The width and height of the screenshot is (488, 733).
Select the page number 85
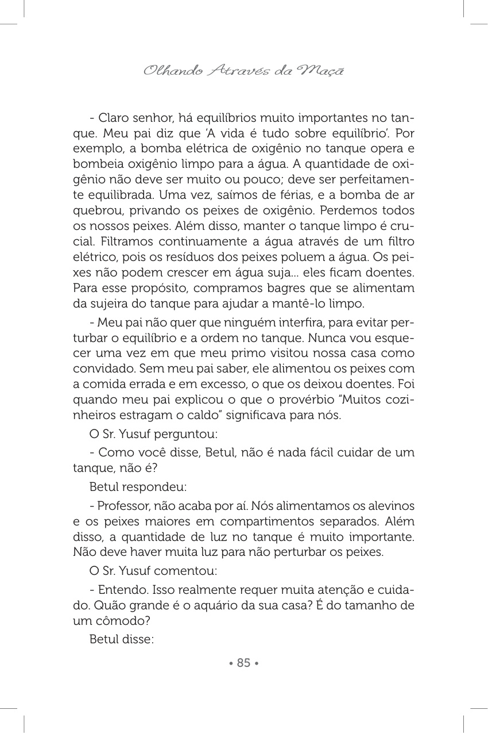(x=244, y=663)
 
